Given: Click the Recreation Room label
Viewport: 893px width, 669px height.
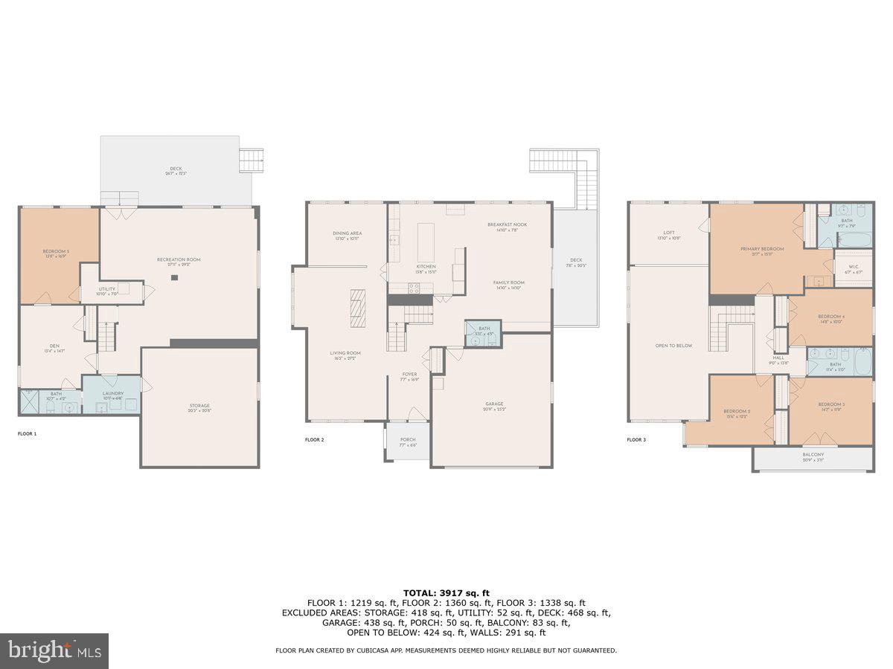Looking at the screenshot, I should [179, 259].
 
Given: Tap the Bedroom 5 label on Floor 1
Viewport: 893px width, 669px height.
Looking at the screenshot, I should [57, 252].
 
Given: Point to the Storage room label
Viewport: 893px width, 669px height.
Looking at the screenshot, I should [199, 406].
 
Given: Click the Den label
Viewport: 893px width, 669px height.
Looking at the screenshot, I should [54, 346].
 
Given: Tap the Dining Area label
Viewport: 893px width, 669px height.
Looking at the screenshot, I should [346, 233].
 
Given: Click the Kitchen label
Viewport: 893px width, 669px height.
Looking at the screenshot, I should [426, 266].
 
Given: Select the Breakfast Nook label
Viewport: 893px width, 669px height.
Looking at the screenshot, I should [508, 224].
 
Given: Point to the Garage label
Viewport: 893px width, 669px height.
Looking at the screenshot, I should [493, 406].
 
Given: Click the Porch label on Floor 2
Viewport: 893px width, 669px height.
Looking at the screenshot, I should [408, 439].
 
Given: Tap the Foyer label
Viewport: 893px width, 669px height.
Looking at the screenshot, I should [409, 374].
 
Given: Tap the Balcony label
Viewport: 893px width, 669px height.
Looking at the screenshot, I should [813, 454].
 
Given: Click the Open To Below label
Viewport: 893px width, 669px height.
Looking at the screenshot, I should [673, 346].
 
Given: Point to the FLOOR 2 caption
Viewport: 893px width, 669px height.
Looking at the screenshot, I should [314, 440].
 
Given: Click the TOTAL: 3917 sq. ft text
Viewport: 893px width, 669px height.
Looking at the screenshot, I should [446, 592].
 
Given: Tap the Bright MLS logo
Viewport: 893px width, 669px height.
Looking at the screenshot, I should [54, 651].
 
